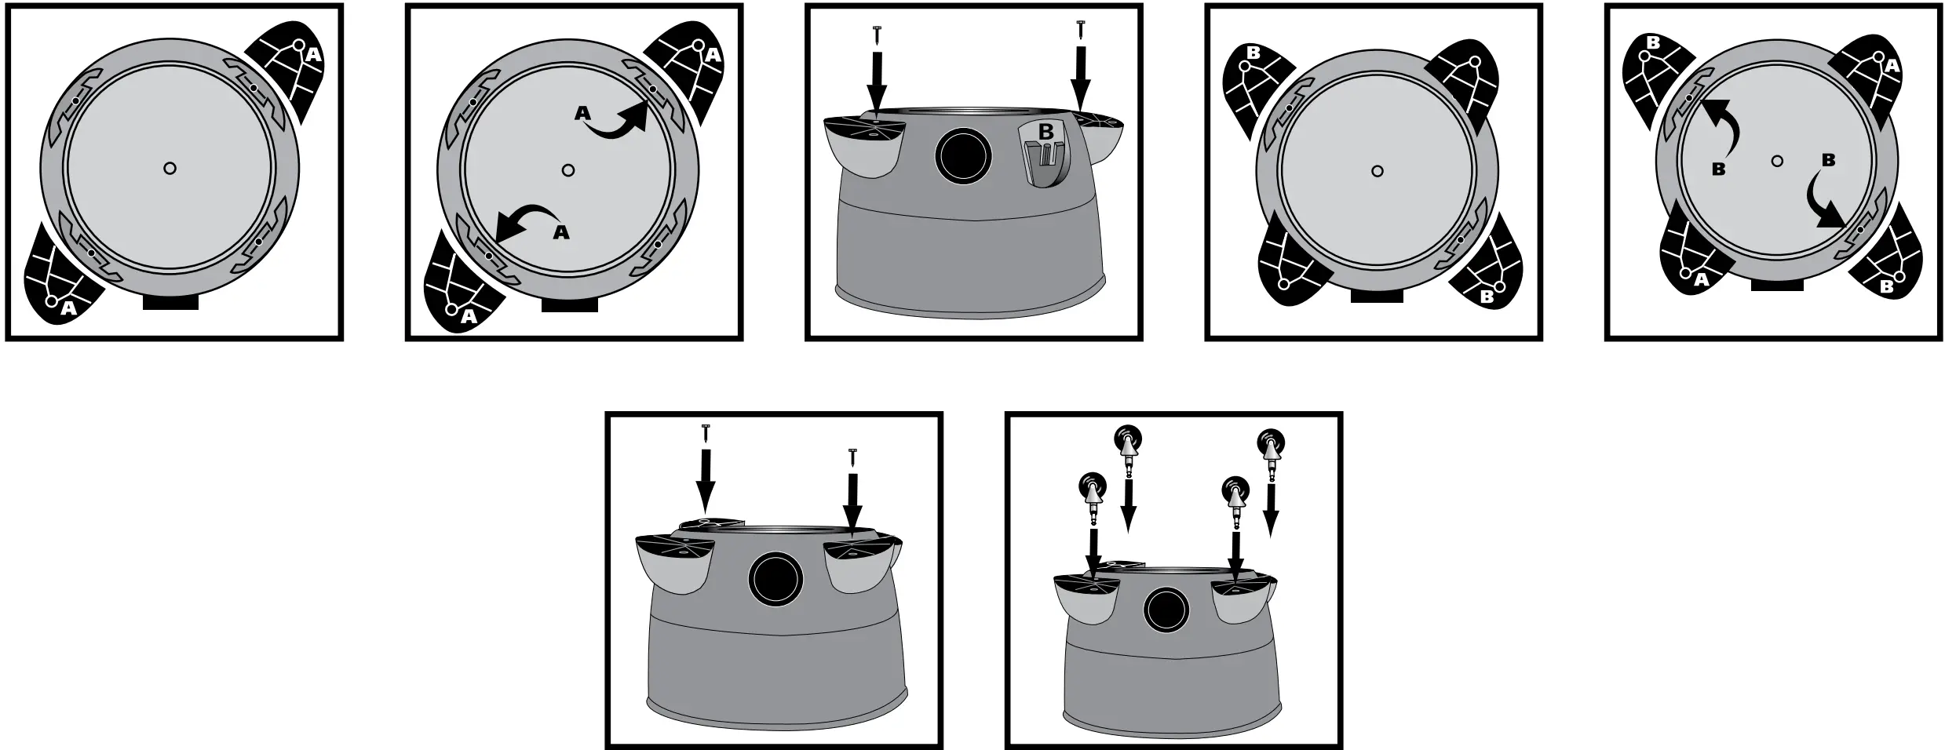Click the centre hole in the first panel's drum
pyautogui.click(x=170, y=168)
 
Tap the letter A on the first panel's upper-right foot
pyautogui.click(x=312, y=55)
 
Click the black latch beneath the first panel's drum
pyautogui.click(x=170, y=302)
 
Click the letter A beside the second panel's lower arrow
pyautogui.click(x=561, y=233)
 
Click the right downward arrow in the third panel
pyautogui.click(x=1082, y=78)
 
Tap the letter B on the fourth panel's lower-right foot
pyautogui.click(x=1486, y=297)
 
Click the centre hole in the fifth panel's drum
pyautogui.click(x=1777, y=161)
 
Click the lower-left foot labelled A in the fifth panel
pyautogui.click(x=1695, y=259)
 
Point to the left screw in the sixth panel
pyautogui.click(x=706, y=431)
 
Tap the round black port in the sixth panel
pyautogui.click(x=775, y=580)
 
